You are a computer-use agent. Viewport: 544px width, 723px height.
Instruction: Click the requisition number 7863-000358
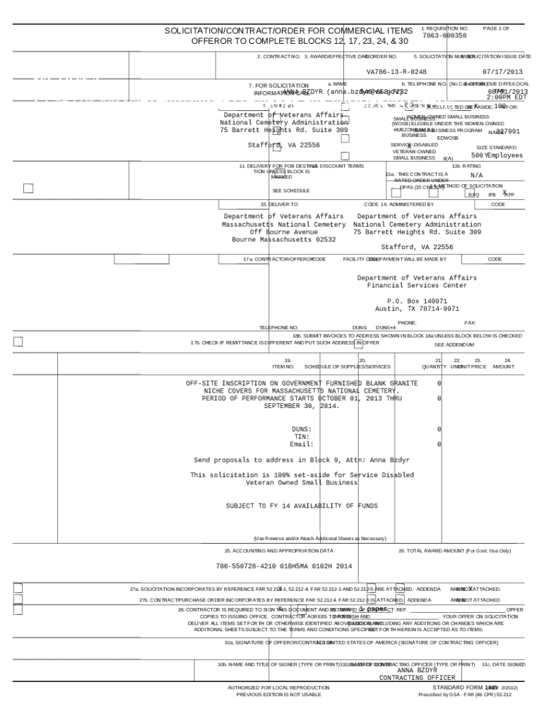(444, 35)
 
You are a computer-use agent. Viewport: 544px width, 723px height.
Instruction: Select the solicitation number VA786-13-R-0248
(396, 72)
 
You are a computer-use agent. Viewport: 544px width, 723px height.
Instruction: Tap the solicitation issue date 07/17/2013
(502, 72)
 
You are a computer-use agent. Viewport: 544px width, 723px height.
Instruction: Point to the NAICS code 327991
(508, 131)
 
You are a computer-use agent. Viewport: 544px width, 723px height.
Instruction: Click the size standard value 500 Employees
(497, 155)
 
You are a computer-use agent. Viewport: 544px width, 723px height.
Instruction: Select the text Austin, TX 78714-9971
(417, 309)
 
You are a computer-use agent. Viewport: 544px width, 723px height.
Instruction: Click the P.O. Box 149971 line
(417, 301)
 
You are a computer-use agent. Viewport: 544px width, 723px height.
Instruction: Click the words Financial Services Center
(417, 285)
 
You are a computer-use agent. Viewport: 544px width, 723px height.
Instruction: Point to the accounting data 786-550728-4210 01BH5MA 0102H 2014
(283, 566)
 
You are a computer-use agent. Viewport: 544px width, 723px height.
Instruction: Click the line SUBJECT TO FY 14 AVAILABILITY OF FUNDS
(302, 506)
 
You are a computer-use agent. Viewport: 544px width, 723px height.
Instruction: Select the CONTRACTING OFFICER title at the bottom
(417, 678)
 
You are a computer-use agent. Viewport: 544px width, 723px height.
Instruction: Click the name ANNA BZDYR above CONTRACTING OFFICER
(418, 670)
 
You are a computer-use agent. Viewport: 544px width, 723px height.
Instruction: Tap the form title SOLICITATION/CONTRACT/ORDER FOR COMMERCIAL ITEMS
(289, 31)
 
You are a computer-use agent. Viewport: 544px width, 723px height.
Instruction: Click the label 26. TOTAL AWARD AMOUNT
(454, 550)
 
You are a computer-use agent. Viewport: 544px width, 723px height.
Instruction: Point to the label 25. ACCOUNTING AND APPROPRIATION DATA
(278, 550)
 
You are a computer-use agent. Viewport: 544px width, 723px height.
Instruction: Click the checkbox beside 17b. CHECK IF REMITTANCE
(18, 342)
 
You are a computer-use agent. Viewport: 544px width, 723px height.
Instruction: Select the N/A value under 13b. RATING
(477, 174)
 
